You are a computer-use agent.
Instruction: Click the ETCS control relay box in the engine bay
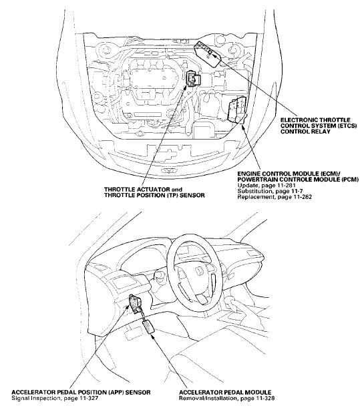point(207,54)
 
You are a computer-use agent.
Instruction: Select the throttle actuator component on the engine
point(193,79)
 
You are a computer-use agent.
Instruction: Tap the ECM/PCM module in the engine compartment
point(237,110)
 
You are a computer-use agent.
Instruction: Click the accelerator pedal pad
point(149,327)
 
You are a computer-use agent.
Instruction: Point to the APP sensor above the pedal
point(136,304)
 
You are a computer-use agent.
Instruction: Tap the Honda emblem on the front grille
point(167,170)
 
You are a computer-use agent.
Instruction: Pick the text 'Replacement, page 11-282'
point(275,196)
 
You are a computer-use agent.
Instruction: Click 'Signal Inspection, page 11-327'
point(55,399)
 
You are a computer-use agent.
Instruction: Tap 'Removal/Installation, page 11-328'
point(227,399)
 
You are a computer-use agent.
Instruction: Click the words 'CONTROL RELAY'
point(305,132)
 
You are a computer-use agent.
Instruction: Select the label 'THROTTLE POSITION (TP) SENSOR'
point(154,195)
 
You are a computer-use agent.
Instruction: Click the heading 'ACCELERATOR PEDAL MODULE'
point(225,393)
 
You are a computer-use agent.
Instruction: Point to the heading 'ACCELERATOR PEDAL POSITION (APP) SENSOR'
point(81,393)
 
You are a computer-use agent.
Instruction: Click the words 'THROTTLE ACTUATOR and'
point(143,190)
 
